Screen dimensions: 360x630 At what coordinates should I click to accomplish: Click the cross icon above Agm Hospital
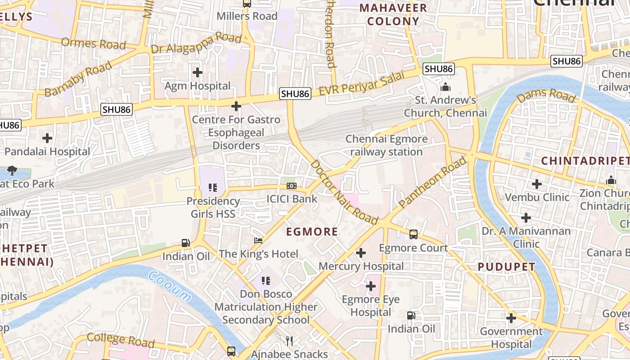tap(197, 72)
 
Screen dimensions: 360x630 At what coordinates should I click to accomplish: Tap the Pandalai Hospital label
tap(47, 152)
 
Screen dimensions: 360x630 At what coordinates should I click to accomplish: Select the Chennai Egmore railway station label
tap(386, 145)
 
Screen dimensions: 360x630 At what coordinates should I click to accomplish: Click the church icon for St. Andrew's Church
tap(445, 86)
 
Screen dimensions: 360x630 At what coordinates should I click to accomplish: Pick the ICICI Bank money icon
tap(292, 186)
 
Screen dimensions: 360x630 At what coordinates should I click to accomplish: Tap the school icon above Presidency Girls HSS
tap(212, 187)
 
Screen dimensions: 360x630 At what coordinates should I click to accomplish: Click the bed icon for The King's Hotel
tap(258, 241)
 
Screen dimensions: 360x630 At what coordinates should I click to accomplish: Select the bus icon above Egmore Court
tap(413, 234)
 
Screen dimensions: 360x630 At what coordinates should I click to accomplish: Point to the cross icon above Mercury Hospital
tap(361, 253)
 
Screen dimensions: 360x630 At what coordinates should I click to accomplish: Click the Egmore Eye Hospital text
tap(371, 306)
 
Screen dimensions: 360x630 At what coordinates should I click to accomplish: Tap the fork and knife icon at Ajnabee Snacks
tap(289, 341)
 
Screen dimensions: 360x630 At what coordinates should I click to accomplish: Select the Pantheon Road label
tap(433, 182)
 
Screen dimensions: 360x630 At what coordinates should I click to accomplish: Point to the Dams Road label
tap(546, 95)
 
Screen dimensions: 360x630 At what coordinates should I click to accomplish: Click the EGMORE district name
tap(312, 232)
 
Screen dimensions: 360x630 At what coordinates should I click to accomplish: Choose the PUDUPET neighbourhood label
tap(506, 267)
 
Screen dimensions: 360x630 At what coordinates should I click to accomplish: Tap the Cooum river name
tap(169, 285)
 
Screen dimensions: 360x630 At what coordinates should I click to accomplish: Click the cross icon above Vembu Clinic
tap(536, 184)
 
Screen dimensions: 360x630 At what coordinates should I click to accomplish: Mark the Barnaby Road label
tap(78, 79)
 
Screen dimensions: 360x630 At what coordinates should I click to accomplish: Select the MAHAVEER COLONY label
tap(393, 14)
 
